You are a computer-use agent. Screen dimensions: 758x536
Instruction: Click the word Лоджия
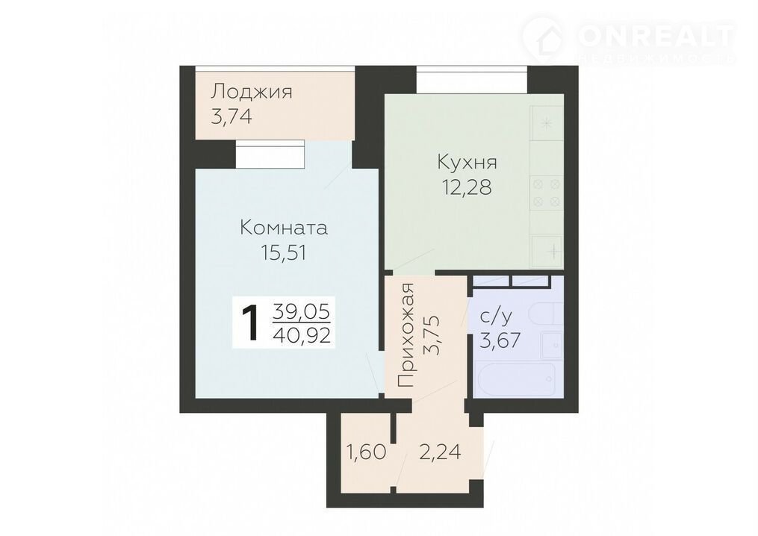click(x=252, y=91)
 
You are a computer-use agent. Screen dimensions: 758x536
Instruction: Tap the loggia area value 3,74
click(x=232, y=116)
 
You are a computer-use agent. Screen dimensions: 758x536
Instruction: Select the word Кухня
click(x=467, y=163)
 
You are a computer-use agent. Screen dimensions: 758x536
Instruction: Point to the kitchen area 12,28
click(x=467, y=187)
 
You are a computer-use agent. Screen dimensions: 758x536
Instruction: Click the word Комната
click(x=284, y=228)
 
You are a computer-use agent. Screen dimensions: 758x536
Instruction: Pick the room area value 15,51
click(x=284, y=253)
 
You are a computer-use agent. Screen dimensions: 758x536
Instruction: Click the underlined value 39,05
click(x=301, y=311)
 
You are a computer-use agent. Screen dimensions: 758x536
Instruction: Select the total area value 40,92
click(x=302, y=334)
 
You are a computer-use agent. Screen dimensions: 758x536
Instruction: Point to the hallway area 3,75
click(x=431, y=335)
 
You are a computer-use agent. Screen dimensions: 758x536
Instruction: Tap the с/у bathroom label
click(x=496, y=317)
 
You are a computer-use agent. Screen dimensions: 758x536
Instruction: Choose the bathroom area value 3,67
click(x=500, y=340)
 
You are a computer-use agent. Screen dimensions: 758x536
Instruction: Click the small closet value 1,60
click(x=366, y=453)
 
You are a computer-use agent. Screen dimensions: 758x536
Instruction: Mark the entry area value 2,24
click(x=439, y=453)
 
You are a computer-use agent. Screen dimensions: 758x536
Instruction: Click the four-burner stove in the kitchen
click(x=547, y=193)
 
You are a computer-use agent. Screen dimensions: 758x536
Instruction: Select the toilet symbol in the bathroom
click(x=547, y=314)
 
